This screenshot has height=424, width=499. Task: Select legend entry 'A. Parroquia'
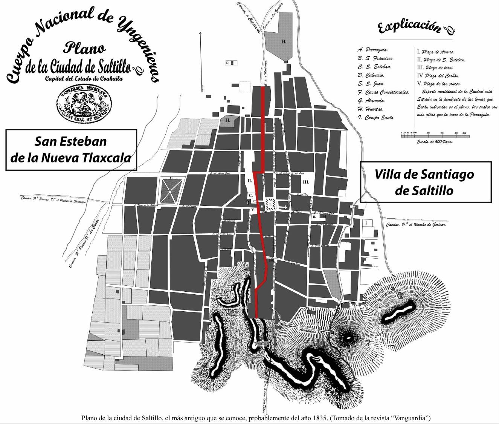click(373, 50)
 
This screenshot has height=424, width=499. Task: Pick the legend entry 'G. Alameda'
click(371, 101)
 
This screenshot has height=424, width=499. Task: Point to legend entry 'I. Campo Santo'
click(376, 118)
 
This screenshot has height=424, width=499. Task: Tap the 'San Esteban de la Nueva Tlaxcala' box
click(71, 150)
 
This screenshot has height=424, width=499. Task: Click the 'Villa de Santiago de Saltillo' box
click(426, 182)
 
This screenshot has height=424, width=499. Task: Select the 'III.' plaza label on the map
click(306, 182)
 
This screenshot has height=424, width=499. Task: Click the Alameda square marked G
click(171, 191)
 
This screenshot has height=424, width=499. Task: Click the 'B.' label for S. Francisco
click(314, 217)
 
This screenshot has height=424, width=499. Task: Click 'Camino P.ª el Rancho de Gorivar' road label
click(415, 225)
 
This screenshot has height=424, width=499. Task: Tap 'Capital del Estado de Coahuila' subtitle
click(84, 79)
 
